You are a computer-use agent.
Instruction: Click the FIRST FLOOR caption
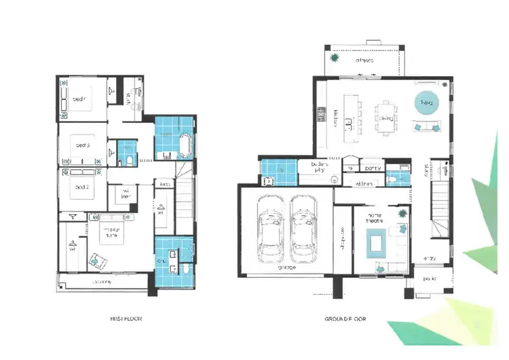tap(126, 318)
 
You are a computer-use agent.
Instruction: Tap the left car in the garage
tap(270, 229)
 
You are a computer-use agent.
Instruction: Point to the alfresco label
tap(364, 60)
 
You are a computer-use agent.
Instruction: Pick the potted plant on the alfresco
tap(334, 58)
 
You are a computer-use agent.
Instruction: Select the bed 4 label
tap(79, 99)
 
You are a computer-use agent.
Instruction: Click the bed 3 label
tap(82, 145)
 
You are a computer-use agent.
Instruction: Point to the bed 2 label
tap(82, 186)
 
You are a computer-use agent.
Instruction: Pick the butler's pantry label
tap(319, 167)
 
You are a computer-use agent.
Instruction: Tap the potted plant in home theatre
tap(402, 213)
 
